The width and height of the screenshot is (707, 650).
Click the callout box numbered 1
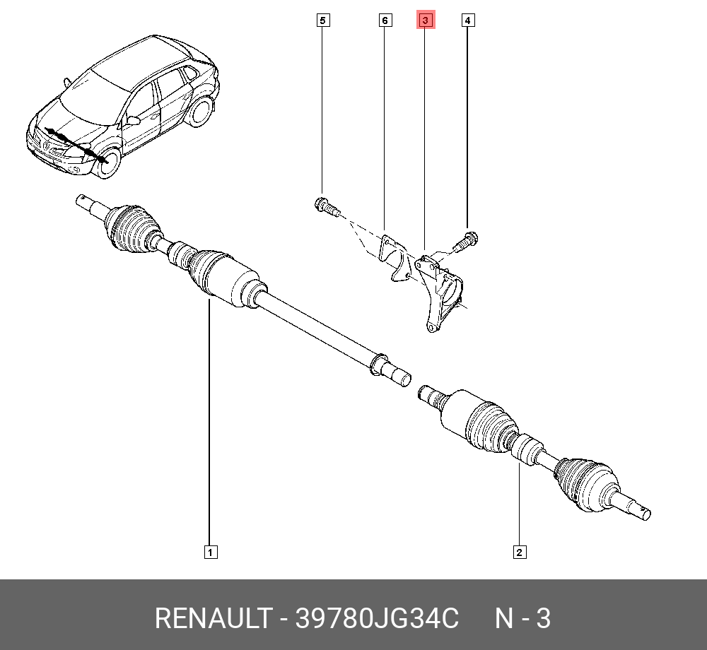pyautogui.click(x=210, y=552)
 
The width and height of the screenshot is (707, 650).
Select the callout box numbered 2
pyautogui.click(x=519, y=552)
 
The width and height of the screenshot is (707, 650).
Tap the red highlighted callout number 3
pyautogui.click(x=425, y=20)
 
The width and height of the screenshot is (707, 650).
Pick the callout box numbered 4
pyautogui.click(x=467, y=20)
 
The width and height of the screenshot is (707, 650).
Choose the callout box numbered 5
pyautogui.click(x=322, y=20)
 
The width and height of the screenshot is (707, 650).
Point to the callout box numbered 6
pyautogui.click(x=385, y=20)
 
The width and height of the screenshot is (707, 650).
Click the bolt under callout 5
pyautogui.click(x=326, y=207)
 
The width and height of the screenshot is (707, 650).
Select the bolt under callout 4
pyautogui.click(x=467, y=241)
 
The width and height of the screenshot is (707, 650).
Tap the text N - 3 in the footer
pyautogui.click(x=522, y=619)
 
